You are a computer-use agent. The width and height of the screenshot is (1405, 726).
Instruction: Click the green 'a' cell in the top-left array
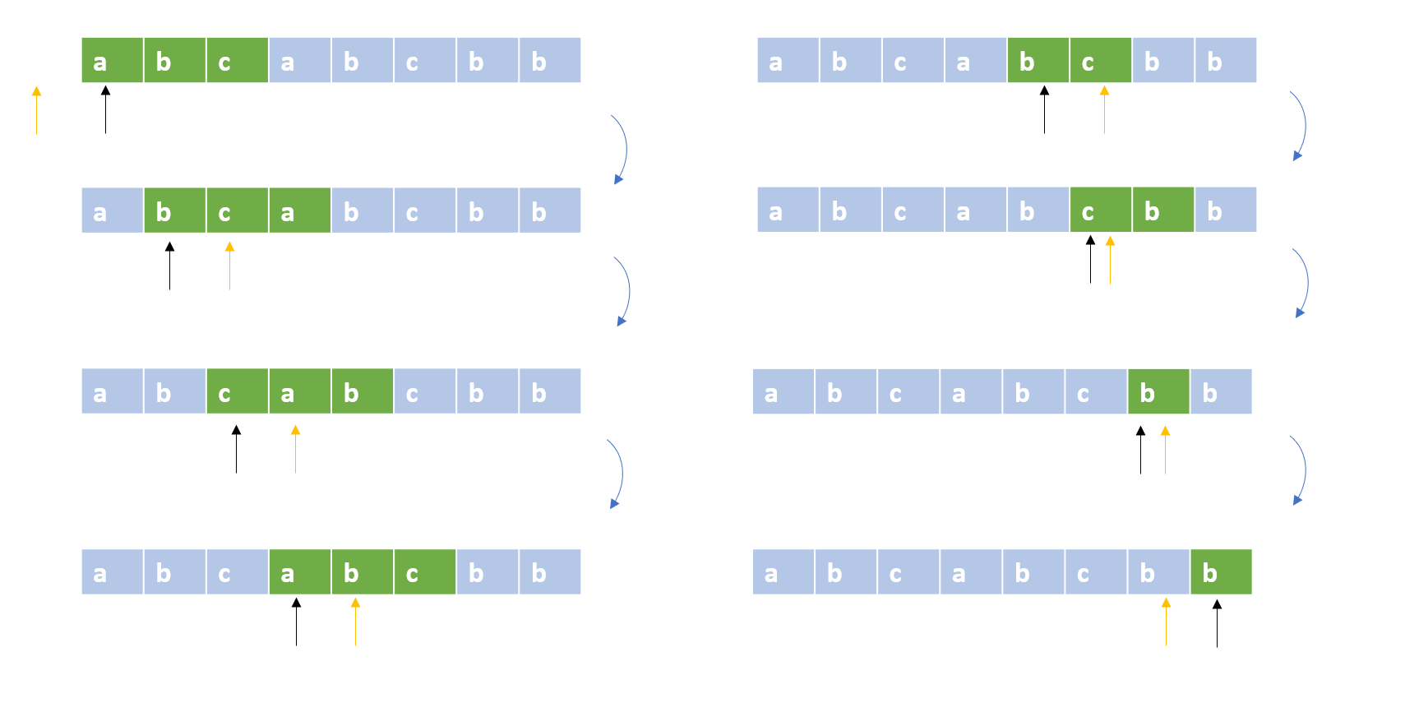[113, 60]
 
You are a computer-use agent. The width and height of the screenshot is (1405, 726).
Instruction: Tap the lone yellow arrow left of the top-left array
[36, 110]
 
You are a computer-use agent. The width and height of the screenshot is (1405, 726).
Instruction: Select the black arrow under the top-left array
[105, 109]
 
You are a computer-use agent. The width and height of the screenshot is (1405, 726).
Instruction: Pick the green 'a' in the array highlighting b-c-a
[300, 210]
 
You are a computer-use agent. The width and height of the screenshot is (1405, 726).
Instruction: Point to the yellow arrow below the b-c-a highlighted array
[229, 266]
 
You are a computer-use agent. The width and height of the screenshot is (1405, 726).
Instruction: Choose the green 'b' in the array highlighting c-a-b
[363, 391]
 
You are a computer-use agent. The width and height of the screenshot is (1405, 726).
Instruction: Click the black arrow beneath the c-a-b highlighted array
[237, 449]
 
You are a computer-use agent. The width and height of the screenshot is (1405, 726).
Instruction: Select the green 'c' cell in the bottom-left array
[425, 571]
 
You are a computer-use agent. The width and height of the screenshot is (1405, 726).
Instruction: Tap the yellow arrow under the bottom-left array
[356, 622]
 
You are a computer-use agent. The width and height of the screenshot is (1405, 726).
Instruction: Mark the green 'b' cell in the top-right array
[1038, 60]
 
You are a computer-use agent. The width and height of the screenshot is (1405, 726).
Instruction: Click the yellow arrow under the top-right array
[1105, 110]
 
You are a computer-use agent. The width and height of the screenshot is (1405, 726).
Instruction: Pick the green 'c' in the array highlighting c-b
[1101, 210]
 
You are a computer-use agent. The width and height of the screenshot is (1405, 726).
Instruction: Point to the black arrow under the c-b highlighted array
[1091, 259]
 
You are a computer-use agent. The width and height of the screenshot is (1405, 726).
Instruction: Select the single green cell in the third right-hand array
[1158, 391]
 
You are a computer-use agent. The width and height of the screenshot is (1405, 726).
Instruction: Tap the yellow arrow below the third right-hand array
[1166, 450]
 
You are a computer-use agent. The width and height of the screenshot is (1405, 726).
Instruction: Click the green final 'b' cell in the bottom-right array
[1221, 571]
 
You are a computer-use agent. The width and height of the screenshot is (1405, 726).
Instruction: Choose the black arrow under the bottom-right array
[1217, 623]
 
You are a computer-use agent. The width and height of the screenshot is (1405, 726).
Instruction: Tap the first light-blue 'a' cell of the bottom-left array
[113, 571]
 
